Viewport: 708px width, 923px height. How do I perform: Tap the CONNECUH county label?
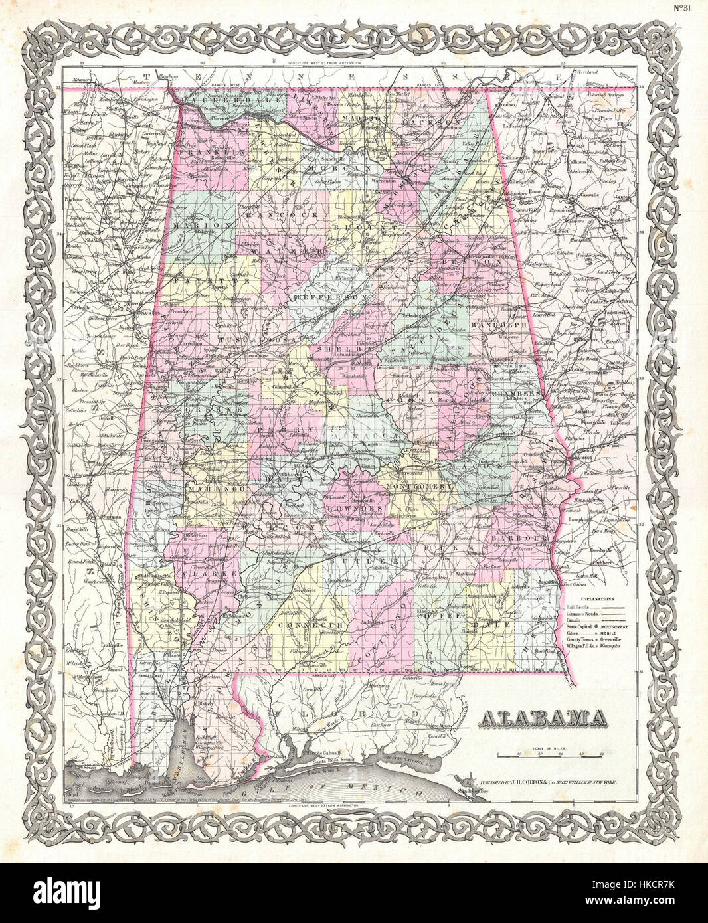(x=303, y=625)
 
